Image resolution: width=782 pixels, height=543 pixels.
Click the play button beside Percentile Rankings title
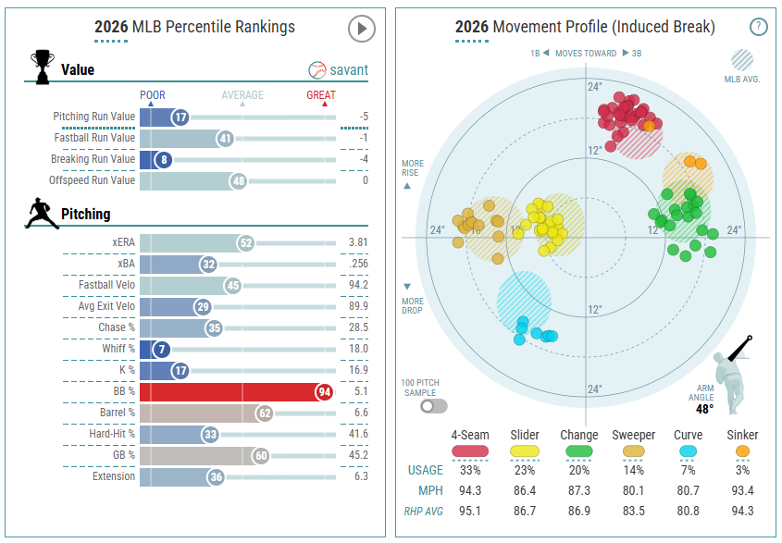362,29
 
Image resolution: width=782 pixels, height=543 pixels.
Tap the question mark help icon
759,27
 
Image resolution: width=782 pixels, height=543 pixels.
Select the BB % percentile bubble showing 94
325,392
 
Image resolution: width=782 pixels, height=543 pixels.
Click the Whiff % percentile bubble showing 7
162,350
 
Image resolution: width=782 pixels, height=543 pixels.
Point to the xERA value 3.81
358,242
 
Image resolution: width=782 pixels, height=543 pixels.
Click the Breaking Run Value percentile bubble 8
164,160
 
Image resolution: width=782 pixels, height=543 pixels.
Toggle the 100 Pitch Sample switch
433,406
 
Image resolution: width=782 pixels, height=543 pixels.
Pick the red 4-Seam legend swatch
470,451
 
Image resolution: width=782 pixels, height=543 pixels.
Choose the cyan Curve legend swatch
688,451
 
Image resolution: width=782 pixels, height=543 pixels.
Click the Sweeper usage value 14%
633,470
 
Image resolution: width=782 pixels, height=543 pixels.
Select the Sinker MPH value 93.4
742,490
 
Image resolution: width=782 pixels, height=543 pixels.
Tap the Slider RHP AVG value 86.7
525,512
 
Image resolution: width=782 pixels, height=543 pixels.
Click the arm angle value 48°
704,409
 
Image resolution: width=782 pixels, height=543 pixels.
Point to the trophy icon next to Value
43,67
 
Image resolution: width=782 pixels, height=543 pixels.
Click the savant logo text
349,69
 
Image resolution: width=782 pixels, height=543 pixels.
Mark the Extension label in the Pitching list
114,476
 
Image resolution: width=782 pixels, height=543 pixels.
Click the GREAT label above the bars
321,94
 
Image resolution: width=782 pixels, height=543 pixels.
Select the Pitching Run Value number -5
364,117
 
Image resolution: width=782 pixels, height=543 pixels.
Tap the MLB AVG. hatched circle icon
742,60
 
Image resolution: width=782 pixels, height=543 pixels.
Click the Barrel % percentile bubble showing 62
265,413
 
